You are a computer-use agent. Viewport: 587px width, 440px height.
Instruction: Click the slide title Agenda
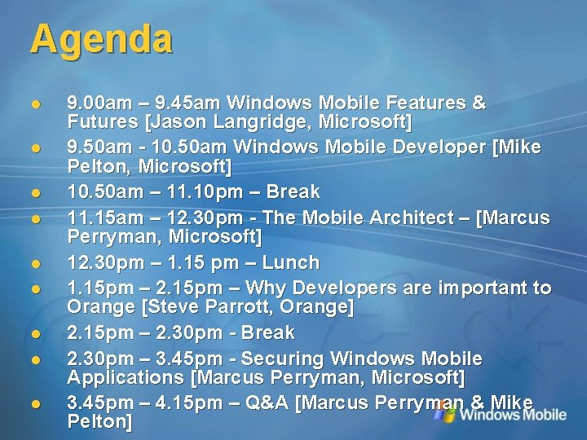click(101, 39)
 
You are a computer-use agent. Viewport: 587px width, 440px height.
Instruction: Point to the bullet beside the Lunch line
click(35, 264)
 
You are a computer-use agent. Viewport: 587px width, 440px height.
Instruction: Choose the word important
click(483, 288)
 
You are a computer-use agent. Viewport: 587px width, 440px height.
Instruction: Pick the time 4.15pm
click(201, 403)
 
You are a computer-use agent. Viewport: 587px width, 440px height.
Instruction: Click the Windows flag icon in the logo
click(444, 413)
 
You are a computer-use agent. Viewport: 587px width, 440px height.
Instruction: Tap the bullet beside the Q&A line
click(35, 404)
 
